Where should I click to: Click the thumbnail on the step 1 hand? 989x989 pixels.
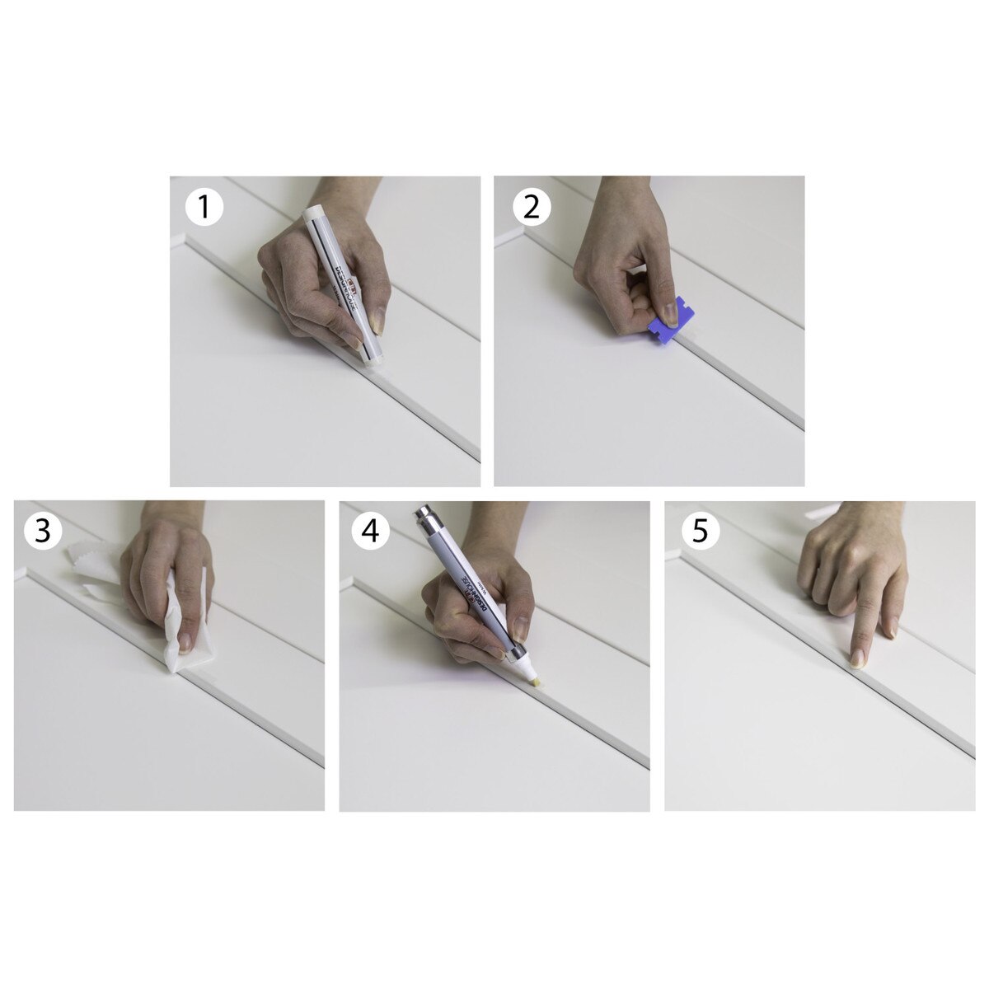(x=377, y=321)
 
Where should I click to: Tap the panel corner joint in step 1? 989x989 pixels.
(x=183, y=239)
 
